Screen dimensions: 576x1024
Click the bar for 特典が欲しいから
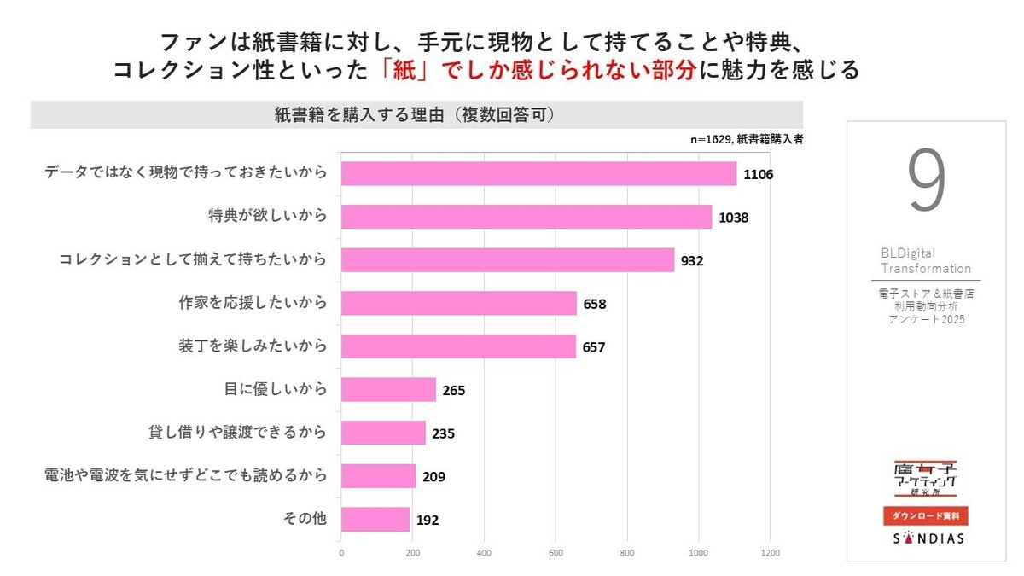526,217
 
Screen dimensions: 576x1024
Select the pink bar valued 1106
538,173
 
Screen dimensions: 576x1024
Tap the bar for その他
375,519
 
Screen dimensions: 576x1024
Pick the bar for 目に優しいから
388,390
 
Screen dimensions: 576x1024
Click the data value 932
692,260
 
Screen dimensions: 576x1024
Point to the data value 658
595,304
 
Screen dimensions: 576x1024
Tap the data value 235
443,433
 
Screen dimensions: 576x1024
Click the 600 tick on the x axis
556,552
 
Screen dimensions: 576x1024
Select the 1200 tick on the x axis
770,552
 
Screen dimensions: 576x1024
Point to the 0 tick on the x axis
341,552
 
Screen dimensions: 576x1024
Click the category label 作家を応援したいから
253,303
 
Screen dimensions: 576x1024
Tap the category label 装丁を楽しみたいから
253,346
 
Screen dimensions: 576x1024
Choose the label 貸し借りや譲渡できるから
238,433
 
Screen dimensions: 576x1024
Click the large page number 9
926,182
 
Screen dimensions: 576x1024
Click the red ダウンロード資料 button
926,515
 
